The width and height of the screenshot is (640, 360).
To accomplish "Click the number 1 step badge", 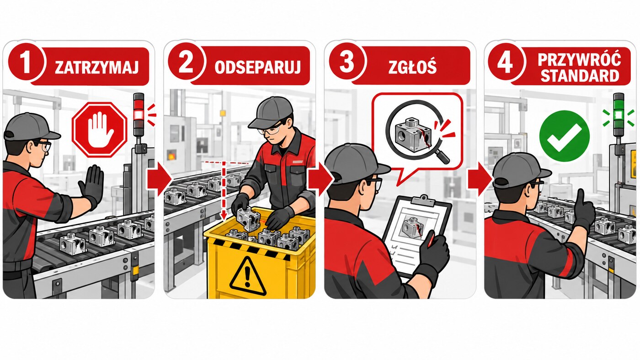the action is (x=27, y=62).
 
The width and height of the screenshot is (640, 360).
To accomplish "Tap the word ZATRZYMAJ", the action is (x=96, y=67).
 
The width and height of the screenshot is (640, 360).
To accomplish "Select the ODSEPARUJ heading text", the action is (x=257, y=67).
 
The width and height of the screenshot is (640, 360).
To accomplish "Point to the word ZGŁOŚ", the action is (x=412, y=67).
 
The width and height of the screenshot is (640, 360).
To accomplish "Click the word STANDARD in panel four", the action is (x=580, y=76).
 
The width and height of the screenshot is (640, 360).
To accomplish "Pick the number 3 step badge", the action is (x=347, y=62).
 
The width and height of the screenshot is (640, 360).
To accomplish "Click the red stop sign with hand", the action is (x=100, y=130).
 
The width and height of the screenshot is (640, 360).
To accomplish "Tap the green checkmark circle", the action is (x=564, y=136).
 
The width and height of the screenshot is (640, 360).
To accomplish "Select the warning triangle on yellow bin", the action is (x=248, y=276).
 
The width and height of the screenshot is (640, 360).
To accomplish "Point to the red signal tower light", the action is (x=139, y=115).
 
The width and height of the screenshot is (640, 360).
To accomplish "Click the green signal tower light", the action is (x=619, y=115).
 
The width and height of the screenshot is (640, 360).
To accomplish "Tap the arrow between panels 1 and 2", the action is (x=159, y=179).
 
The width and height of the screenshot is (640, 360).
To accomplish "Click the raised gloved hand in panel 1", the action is (x=92, y=185).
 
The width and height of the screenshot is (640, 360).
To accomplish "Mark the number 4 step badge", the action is (x=506, y=62).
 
